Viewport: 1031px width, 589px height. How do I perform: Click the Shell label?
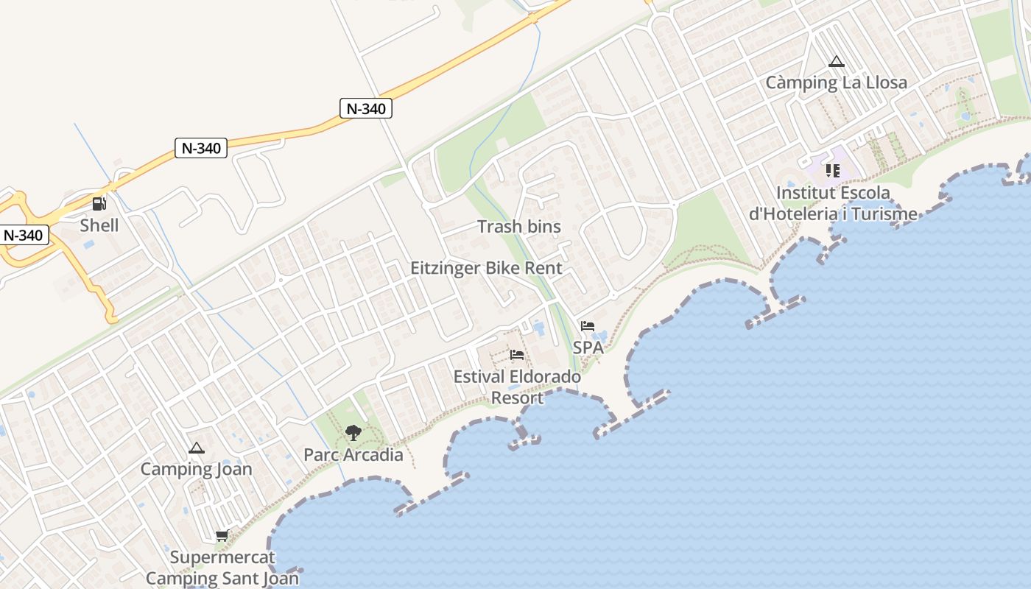pos(99,225)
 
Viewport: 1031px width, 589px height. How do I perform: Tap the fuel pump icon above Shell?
pos(99,203)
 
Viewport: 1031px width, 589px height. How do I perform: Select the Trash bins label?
pos(519,227)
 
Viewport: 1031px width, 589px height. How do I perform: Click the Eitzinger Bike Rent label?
pos(486,268)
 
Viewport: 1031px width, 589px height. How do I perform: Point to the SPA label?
pos(588,348)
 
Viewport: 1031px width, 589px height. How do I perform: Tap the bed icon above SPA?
pos(587,325)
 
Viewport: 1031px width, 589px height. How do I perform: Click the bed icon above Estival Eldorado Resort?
pos(517,355)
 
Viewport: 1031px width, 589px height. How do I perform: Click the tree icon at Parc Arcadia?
pos(353,433)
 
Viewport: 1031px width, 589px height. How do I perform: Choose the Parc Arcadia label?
pos(353,455)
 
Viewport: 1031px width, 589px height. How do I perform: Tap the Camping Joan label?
pos(196,469)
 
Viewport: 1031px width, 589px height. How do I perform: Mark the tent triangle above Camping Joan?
pos(196,448)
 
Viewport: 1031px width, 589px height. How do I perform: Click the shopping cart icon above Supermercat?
pos(222,535)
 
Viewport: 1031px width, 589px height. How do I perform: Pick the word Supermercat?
pos(222,557)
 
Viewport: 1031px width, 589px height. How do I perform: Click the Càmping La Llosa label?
pos(836,82)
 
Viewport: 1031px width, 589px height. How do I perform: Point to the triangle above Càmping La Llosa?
pos(836,61)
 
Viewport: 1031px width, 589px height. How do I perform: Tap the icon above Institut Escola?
pos(833,171)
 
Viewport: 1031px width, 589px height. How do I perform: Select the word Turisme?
pos(882,214)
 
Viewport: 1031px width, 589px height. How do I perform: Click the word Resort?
pos(517,398)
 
